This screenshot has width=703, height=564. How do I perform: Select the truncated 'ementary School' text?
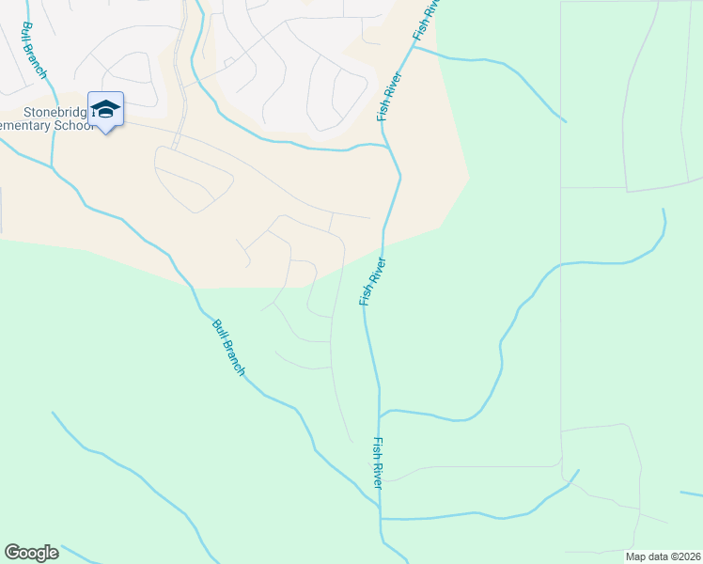click(47, 125)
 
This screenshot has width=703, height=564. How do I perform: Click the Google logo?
click(31, 553)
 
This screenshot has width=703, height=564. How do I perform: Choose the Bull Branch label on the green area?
click(228, 348)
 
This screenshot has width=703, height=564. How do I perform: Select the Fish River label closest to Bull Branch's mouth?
click(378, 462)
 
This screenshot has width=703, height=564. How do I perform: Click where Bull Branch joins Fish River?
click(381, 516)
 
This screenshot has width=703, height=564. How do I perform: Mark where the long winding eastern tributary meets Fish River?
click(379, 414)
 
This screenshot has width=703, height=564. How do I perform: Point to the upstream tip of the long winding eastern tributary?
click(664, 211)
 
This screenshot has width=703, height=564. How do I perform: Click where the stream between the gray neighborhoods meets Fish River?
click(387, 146)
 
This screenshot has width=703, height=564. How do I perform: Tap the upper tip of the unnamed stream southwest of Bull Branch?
click(53, 413)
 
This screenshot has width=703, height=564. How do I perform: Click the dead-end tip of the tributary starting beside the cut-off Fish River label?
click(565, 121)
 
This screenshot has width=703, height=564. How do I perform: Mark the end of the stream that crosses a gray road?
click(578, 471)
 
